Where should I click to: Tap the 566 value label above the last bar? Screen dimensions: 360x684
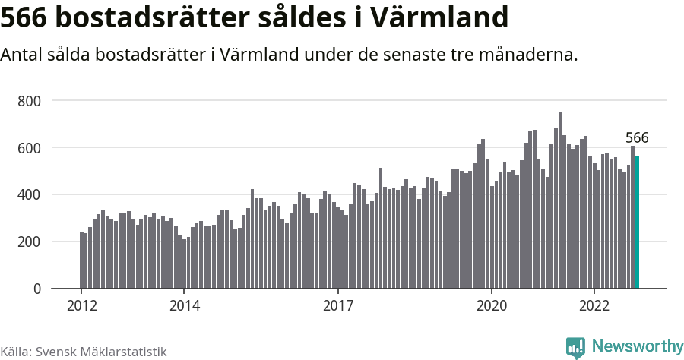[x=637, y=137]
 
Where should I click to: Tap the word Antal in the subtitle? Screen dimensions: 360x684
[x=23, y=55]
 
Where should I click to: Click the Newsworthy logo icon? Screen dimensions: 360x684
[x=575, y=347]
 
